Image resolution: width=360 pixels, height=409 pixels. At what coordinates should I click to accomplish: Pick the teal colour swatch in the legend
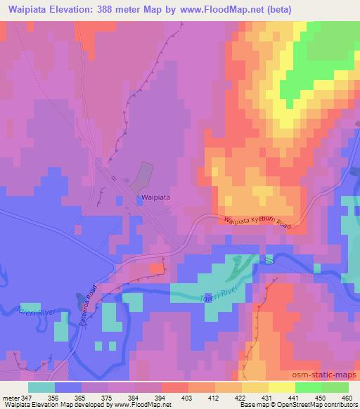tap(42, 387)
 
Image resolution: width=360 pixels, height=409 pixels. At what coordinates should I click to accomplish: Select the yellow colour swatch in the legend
tap(281, 387)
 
